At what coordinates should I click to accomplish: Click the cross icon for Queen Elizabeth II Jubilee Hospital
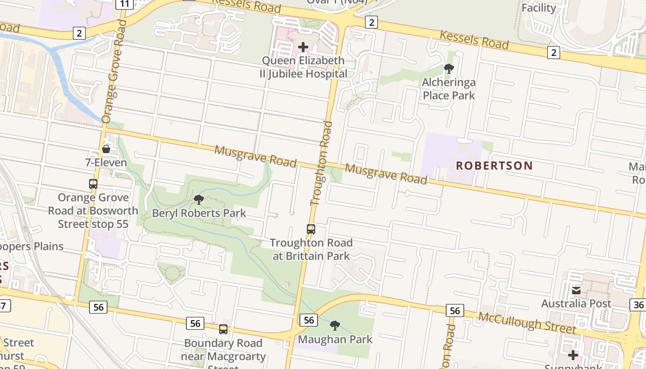click(x=303, y=47)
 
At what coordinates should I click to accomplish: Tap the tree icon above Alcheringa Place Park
click(x=449, y=69)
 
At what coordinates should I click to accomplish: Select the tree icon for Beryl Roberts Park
click(x=199, y=200)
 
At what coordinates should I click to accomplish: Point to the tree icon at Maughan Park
click(x=335, y=326)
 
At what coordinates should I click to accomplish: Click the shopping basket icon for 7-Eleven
click(x=106, y=149)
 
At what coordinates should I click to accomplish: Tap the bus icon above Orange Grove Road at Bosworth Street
click(x=93, y=184)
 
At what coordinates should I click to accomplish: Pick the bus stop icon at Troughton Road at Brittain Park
click(x=311, y=229)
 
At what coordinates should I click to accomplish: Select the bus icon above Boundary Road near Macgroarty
click(x=223, y=329)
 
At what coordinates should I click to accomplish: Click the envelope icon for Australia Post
click(x=576, y=291)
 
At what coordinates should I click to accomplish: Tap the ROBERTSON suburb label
click(x=494, y=166)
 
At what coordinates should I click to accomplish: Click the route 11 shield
click(x=125, y=4)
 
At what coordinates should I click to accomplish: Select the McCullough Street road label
click(x=527, y=323)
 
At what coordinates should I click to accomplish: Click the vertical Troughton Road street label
click(x=322, y=163)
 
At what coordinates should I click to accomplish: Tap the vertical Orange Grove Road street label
click(x=114, y=71)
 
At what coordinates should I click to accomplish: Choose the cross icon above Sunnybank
click(x=573, y=355)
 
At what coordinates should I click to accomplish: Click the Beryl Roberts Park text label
click(x=199, y=214)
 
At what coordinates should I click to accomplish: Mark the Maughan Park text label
click(x=335, y=339)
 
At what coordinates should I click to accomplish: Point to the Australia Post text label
click(x=576, y=304)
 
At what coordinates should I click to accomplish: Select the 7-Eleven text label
click(x=106, y=162)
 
